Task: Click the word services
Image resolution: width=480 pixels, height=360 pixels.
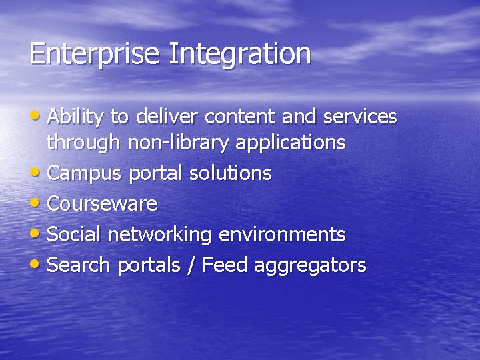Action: click(360, 117)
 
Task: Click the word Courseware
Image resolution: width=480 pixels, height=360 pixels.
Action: click(103, 204)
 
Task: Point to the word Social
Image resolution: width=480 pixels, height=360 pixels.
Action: click(75, 235)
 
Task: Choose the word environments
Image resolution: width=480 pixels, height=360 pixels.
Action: click(281, 235)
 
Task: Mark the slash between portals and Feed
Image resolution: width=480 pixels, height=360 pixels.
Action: click(192, 265)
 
